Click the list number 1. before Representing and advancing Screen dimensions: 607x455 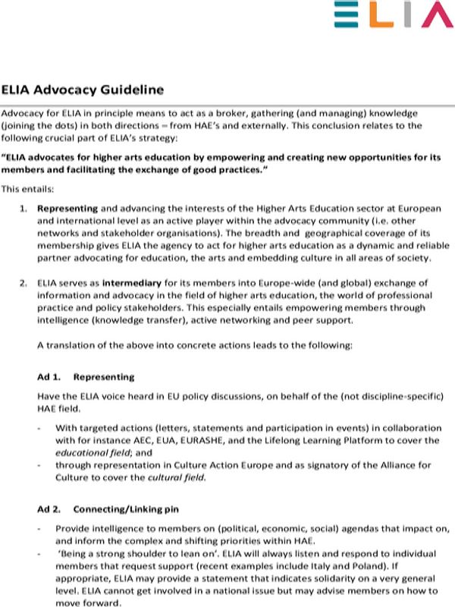pos(24,208)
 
